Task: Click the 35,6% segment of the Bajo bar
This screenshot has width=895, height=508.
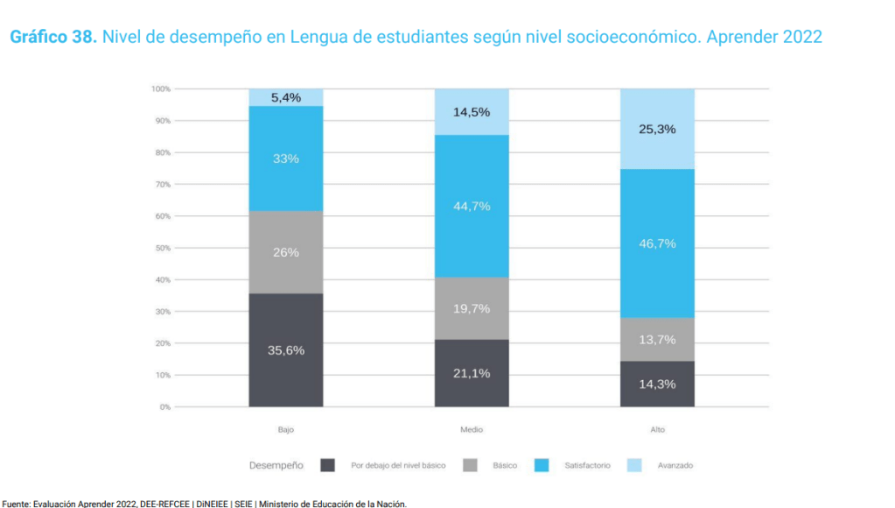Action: coord(286,350)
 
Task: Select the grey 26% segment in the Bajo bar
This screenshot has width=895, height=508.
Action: coord(286,252)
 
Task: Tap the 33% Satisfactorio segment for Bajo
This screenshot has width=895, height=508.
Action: coord(286,159)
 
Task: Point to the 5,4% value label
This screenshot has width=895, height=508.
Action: coord(286,97)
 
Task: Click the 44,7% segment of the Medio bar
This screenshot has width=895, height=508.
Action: coord(472,206)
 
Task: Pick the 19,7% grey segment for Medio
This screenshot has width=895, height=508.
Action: coord(472,308)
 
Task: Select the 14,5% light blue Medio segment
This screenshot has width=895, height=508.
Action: coord(472,112)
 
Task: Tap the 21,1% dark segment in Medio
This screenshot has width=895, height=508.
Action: coord(472,373)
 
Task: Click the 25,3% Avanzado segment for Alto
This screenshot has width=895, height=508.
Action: coord(657,129)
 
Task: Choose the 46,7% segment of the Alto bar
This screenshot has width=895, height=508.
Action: coord(657,243)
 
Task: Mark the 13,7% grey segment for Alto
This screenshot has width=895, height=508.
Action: coord(657,340)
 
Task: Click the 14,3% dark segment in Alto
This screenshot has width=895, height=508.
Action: coord(657,384)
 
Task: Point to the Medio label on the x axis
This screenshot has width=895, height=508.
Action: coord(472,430)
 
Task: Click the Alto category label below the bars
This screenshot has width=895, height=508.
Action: coord(657,430)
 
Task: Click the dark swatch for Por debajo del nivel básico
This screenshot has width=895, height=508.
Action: coord(328,465)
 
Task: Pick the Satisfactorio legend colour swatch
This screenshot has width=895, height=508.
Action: coord(542,465)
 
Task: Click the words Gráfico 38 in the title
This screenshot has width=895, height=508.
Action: coord(52,38)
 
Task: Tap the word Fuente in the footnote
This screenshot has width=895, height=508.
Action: coord(17,503)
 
